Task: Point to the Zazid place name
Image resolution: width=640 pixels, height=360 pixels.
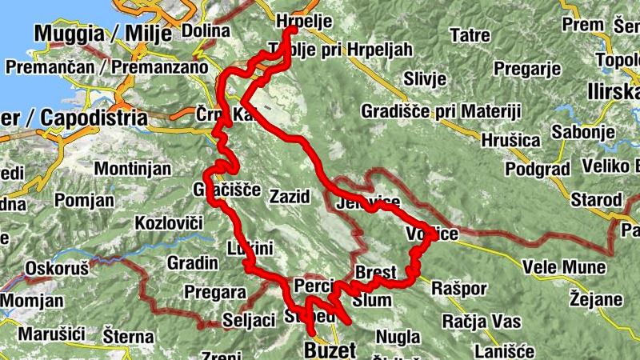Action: [x=290, y=197]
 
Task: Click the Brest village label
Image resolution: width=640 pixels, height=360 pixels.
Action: [x=376, y=271]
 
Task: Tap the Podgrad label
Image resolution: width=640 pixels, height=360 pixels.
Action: [x=538, y=169]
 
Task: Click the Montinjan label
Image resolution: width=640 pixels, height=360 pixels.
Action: [x=133, y=169]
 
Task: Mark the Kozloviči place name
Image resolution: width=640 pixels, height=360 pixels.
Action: [x=169, y=223]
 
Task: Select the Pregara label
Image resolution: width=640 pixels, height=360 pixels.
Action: [x=214, y=292]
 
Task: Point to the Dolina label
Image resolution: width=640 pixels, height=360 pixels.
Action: [x=200, y=30]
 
